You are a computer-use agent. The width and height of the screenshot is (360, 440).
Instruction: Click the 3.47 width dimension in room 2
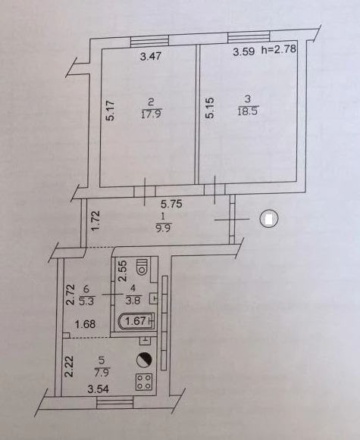(x=151, y=56)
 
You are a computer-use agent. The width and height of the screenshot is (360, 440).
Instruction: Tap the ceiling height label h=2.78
(x=279, y=50)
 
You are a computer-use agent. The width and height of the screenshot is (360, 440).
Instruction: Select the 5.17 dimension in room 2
(x=111, y=111)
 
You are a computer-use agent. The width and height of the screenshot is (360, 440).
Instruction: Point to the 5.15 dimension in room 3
(x=210, y=108)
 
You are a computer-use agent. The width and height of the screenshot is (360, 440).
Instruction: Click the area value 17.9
(x=152, y=114)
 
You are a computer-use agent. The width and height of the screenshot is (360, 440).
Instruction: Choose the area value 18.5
(x=248, y=111)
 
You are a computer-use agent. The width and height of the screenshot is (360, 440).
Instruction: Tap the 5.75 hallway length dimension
(x=171, y=204)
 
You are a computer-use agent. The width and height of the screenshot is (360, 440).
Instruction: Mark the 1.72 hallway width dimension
(x=95, y=221)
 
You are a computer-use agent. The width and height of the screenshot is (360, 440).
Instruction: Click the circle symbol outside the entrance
(x=269, y=219)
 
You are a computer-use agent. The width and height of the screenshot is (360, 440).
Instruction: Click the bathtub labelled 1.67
(x=136, y=321)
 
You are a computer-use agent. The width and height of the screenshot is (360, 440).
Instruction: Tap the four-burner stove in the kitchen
(x=144, y=382)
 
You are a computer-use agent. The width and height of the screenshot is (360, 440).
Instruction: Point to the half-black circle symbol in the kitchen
(x=144, y=360)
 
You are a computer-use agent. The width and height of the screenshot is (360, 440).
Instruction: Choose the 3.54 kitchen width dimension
(x=98, y=389)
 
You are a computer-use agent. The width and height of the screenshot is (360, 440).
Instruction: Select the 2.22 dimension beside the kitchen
(x=69, y=367)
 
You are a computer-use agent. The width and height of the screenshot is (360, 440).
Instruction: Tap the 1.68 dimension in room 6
(x=86, y=324)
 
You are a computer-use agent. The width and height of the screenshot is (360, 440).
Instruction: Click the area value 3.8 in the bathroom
(x=133, y=301)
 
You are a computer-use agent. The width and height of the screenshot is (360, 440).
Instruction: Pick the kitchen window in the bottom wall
(x=115, y=403)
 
